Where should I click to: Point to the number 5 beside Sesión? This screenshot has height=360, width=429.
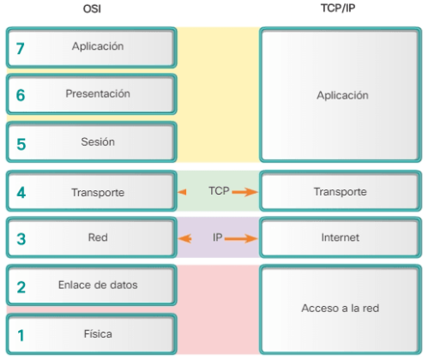pyautogui.click(x=21, y=143)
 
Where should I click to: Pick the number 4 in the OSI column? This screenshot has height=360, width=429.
pyautogui.click(x=21, y=193)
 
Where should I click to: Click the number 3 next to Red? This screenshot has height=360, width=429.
pyautogui.click(x=21, y=239)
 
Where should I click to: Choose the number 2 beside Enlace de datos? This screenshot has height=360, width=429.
pyautogui.click(x=21, y=287)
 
